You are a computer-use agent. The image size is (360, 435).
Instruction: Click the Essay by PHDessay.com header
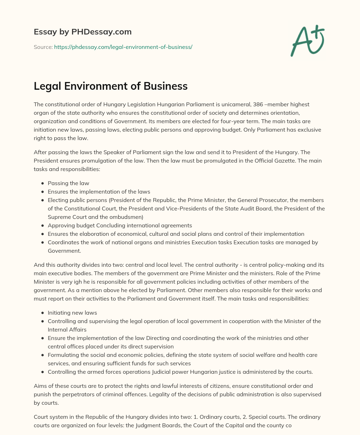click(83, 32)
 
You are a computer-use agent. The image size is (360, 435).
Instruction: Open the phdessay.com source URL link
click(123, 47)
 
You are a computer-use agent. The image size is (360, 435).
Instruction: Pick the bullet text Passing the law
click(69, 183)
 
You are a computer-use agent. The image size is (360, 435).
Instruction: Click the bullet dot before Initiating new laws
click(43, 313)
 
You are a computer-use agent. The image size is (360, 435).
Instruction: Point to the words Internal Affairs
click(67, 330)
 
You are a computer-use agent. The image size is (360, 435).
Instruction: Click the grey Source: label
click(43, 47)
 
